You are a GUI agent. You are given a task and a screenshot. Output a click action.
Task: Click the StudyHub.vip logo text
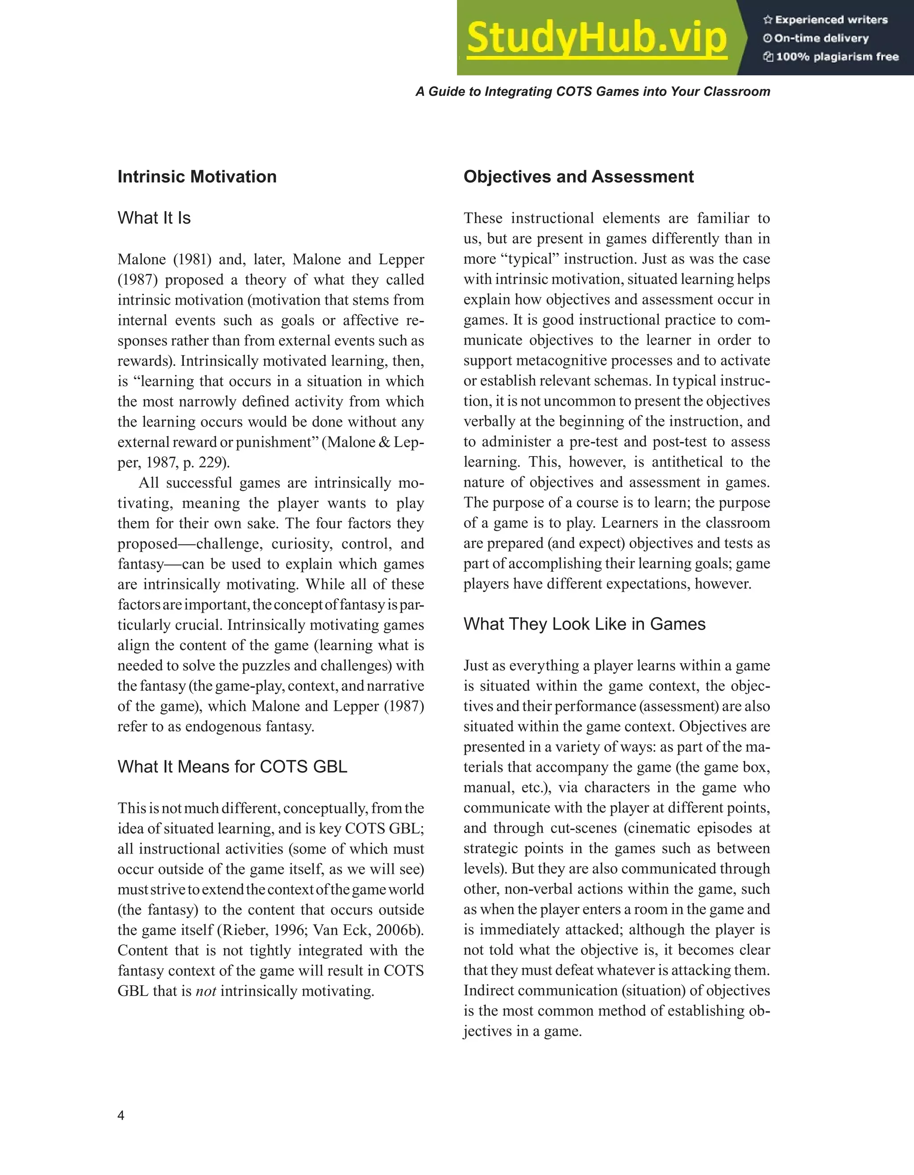click(597, 37)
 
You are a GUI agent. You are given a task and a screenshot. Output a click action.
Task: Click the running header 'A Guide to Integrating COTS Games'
click(592, 91)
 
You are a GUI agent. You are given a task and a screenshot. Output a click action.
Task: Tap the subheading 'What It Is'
click(154, 218)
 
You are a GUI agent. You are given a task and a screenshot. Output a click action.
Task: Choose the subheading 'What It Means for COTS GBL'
click(232, 767)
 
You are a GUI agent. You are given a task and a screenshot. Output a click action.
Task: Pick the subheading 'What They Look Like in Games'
click(584, 624)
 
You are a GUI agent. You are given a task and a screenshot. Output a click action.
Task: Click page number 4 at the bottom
click(121, 1115)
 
